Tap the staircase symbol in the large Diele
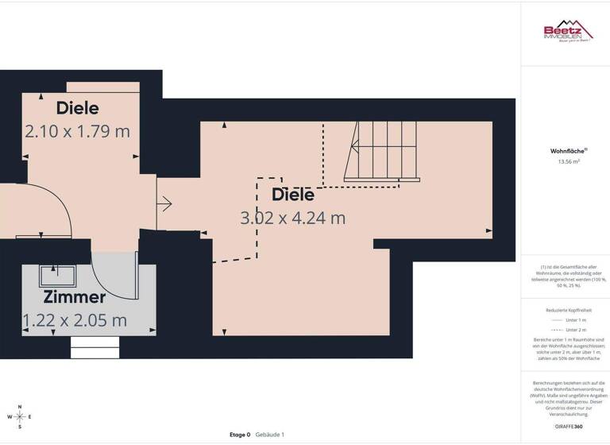pos(383,151)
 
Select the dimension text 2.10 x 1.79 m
pos(77,131)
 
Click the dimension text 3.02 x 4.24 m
pos(293,217)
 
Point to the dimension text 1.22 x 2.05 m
pos(75,320)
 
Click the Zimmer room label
pos(75,297)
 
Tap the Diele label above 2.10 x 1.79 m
pos(77,108)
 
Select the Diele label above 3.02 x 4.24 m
pos(293,194)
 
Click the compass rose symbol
pos(20,416)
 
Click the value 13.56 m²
pos(565,161)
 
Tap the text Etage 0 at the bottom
pos(240,435)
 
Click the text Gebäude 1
pos(270,435)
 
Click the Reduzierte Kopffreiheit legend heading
pos(565,311)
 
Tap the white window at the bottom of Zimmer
pos(95,347)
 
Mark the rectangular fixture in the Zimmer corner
pos(58,275)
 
